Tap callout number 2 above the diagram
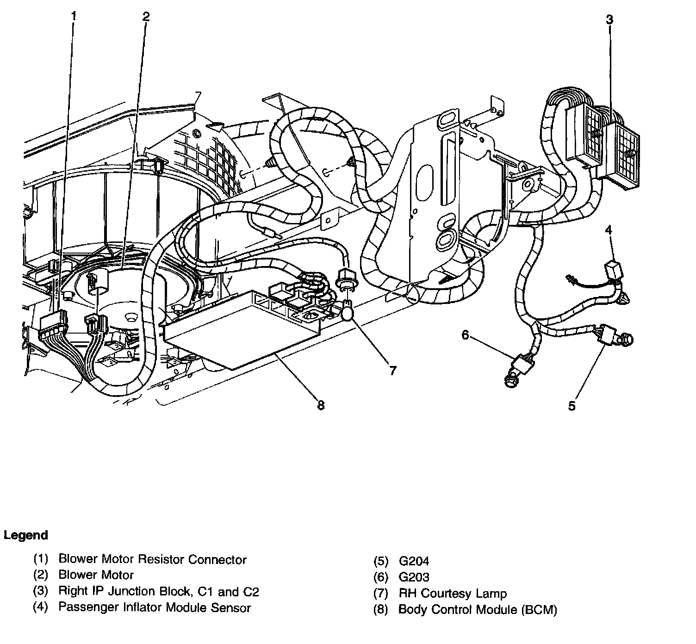(x=146, y=17)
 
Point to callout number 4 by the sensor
(x=609, y=230)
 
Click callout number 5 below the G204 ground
(x=572, y=406)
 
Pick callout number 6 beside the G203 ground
(x=465, y=335)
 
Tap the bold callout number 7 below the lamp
(x=392, y=371)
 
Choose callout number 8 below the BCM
(x=321, y=405)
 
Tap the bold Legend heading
(x=26, y=535)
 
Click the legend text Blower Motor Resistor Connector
(x=152, y=560)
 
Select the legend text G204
(x=414, y=561)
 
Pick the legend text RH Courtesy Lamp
(x=452, y=594)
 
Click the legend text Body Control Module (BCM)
(x=478, y=610)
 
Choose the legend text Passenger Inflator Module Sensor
(x=154, y=607)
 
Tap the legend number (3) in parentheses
(x=41, y=591)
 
